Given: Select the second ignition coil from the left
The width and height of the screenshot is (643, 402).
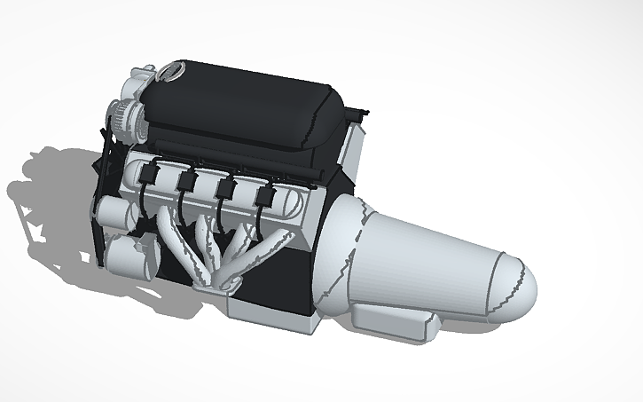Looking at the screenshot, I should tap(186, 181).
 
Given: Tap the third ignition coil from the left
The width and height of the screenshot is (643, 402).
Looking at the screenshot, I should tap(225, 188).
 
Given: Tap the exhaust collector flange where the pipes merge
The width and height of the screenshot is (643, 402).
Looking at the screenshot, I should tap(217, 282).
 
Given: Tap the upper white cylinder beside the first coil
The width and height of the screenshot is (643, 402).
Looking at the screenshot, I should tap(112, 211).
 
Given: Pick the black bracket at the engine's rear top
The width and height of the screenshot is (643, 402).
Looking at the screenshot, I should tap(359, 114).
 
